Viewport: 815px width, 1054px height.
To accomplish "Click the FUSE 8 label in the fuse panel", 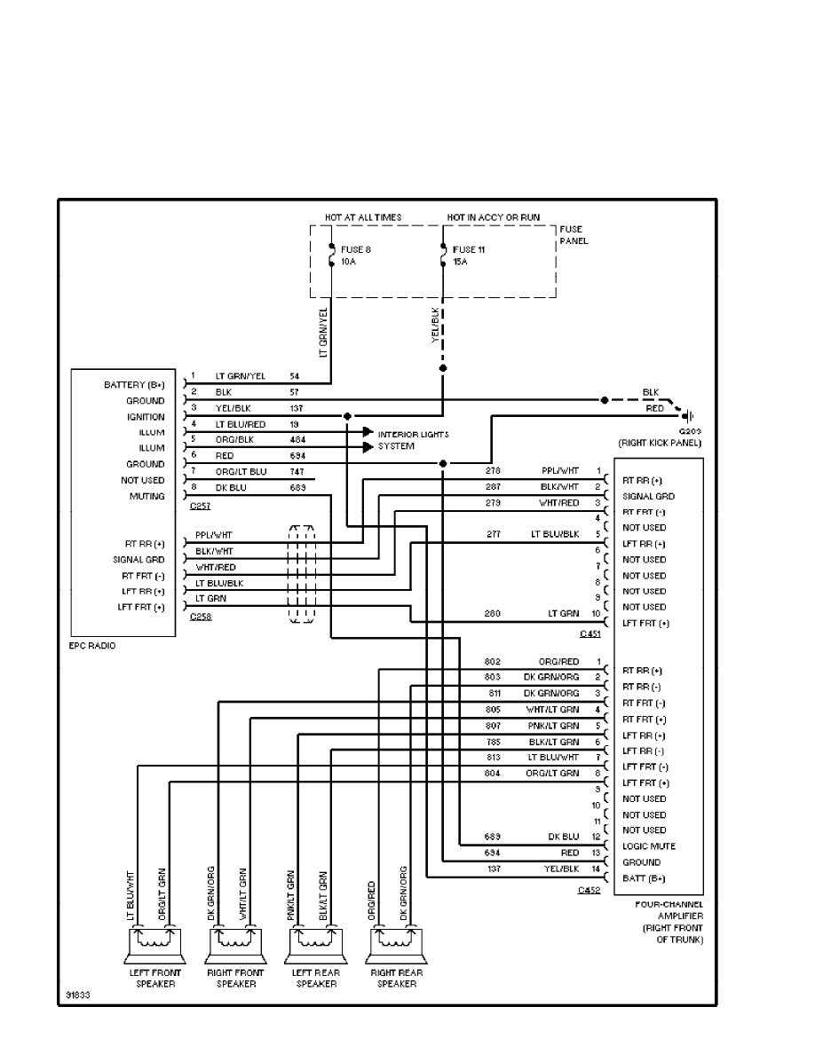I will (355, 249).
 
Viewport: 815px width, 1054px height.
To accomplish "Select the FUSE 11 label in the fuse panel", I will (469, 249).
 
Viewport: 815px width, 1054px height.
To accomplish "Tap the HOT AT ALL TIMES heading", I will (363, 217).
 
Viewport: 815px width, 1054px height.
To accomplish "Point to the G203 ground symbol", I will (685, 415).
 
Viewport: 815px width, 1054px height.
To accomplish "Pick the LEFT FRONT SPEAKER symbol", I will (148, 945).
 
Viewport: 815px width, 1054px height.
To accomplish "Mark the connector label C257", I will (202, 505).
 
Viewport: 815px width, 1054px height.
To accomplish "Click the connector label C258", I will (202, 617).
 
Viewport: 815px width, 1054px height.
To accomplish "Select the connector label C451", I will (589, 633).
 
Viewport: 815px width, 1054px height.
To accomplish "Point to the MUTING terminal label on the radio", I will (146, 497).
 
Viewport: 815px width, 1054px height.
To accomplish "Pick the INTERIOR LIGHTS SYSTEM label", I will (414, 439).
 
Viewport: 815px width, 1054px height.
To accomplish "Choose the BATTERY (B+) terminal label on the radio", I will (134, 385).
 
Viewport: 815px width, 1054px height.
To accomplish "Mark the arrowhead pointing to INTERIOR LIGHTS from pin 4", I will (367, 432).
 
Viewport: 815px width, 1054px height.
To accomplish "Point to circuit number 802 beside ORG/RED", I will (494, 662).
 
